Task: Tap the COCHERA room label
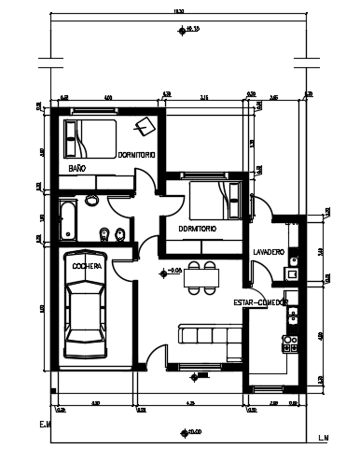[87, 265]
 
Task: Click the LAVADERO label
[269, 251]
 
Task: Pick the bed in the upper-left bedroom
[89, 140]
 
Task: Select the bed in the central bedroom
[215, 199]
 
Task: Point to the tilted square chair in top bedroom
[145, 128]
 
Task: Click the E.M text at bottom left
[44, 426]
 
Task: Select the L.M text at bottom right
[324, 437]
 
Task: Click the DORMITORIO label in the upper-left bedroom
[136, 154]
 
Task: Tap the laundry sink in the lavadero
[293, 273]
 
